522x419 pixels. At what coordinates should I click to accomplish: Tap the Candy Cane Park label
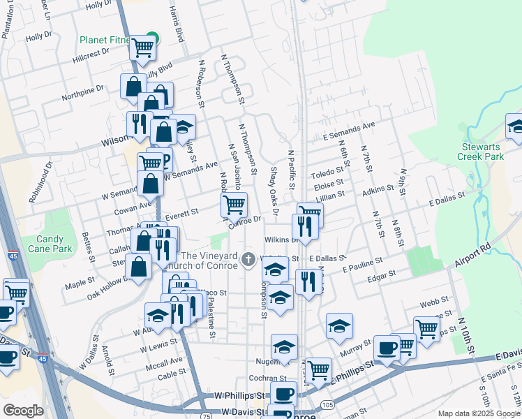point(54,244)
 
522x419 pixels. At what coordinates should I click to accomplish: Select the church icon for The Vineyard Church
point(247,260)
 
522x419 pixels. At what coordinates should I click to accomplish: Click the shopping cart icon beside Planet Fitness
point(143,47)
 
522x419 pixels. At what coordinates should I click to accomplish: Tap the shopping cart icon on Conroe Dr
point(234,204)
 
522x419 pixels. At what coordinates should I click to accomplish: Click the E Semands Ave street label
point(349,131)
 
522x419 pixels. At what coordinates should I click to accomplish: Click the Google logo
point(23,410)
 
